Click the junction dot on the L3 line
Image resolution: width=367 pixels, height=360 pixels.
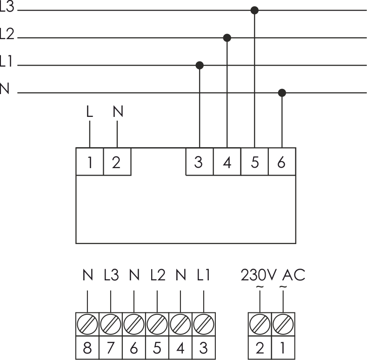point(254,10)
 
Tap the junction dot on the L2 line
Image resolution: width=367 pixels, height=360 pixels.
point(227,37)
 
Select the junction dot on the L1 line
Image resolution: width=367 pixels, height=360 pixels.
point(200,65)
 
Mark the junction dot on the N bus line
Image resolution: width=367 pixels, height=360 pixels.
point(282,93)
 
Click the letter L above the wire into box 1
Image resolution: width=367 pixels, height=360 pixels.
point(89,112)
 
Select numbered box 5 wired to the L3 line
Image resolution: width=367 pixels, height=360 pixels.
point(254,162)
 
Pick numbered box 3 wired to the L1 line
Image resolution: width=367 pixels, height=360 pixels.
point(200,162)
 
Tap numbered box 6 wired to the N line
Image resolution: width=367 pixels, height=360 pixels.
point(282,162)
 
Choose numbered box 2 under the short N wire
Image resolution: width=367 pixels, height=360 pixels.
point(117,162)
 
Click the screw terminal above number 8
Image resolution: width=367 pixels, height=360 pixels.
point(87,323)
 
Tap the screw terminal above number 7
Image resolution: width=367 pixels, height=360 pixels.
point(110,323)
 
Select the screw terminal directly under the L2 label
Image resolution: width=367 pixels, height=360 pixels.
point(157,323)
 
